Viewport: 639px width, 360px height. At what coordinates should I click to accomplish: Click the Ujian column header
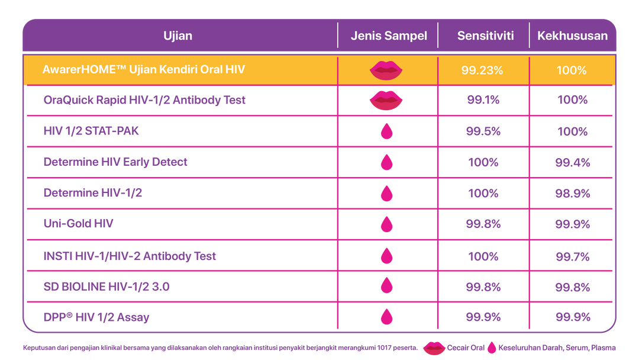[177, 36]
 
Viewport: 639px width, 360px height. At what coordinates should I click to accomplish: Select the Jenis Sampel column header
[389, 36]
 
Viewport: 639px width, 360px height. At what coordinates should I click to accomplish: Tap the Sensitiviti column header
[485, 36]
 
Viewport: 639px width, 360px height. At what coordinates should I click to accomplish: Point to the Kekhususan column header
[572, 36]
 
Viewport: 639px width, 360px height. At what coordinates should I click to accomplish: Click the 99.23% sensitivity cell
[482, 70]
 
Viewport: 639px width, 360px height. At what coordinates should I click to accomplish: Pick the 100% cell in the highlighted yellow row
[571, 70]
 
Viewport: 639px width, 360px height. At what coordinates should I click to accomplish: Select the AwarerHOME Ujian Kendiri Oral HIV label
[144, 70]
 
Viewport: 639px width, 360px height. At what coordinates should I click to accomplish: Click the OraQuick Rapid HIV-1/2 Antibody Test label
[144, 100]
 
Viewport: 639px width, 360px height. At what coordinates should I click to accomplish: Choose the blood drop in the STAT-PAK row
[386, 131]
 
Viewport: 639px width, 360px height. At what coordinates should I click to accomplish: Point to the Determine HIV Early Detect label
[115, 162]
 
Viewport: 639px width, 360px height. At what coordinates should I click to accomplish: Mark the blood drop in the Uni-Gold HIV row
[386, 224]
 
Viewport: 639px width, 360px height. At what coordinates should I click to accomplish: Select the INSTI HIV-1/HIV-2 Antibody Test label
[130, 256]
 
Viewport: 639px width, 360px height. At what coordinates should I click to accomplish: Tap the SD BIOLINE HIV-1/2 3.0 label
[106, 287]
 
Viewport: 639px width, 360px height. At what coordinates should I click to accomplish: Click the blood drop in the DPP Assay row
[386, 317]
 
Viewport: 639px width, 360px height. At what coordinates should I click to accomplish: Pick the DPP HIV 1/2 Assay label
[96, 317]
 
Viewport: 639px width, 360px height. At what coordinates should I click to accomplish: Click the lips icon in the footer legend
[434, 348]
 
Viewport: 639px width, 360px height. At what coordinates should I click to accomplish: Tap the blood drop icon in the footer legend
[491, 348]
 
